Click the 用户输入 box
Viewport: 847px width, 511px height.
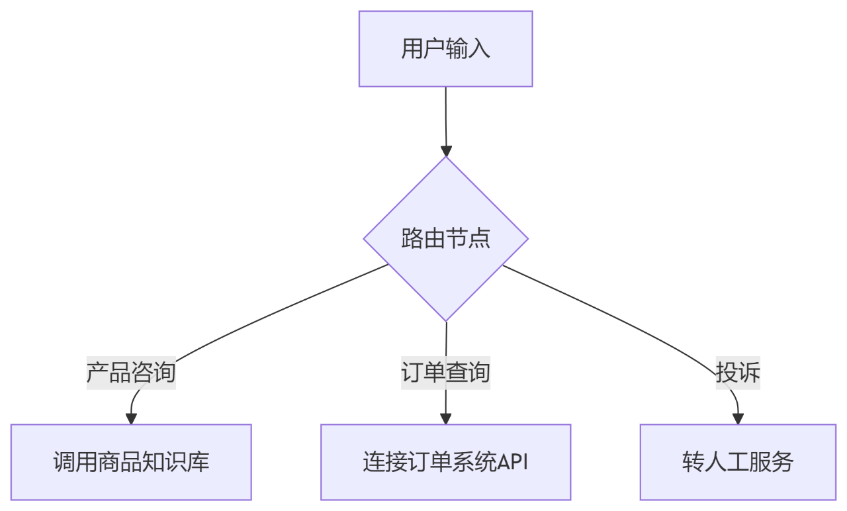click(445, 48)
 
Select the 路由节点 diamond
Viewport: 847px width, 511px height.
click(445, 239)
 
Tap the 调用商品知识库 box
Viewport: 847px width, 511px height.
click(131, 462)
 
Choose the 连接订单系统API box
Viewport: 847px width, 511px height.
click(445, 462)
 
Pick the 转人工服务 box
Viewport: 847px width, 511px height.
click(738, 462)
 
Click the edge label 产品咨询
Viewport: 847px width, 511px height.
click(131, 372)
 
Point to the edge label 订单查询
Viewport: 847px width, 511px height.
click(445, 372)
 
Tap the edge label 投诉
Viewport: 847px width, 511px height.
click(738, 372)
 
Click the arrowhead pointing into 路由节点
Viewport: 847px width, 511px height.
click(446, 151)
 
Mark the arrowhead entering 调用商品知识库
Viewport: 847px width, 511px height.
click(131, 418)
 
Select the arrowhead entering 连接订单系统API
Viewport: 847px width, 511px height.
click(445, 418)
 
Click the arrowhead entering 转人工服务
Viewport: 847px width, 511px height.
click(738, 418)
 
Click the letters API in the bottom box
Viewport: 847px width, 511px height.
click(513, 462)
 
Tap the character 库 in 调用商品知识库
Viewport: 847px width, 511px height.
click(198, 462)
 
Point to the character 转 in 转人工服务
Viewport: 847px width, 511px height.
click(693, 462)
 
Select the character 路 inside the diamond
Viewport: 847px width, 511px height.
click(412, 239)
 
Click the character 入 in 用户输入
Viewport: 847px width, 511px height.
click(479, 49)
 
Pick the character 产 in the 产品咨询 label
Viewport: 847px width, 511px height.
click(98, 372)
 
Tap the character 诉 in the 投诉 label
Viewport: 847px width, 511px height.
click(749, 372)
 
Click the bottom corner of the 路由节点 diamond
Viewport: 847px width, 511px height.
click(446, 320)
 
